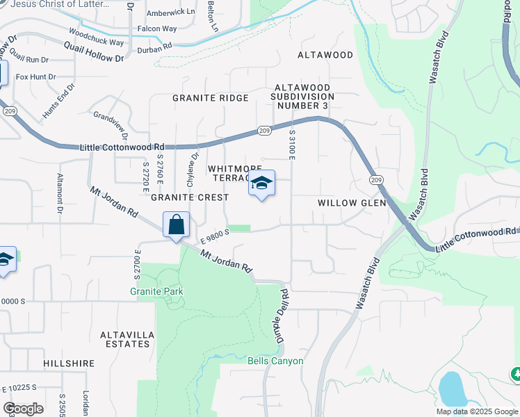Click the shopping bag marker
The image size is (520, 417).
tap(177, 225)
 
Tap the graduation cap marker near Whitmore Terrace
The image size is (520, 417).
tap(261, 183)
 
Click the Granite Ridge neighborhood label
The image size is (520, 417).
tap(211, 98)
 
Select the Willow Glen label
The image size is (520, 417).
tap(352, 203)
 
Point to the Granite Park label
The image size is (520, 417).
tap(156, 291)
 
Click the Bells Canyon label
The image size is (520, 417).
tap(275, 361)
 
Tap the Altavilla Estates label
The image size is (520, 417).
tap(127, 338)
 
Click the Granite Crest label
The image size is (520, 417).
tap(190, 197)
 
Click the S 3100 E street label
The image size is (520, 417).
tap(293, 144)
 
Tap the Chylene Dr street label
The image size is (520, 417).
tap(192, 170)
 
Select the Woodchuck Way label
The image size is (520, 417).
tap(97, 38)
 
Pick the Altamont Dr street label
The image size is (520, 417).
tap(60, 193)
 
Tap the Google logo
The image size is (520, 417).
tap(24, 409)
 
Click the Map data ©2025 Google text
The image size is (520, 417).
tap(476, 411)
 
